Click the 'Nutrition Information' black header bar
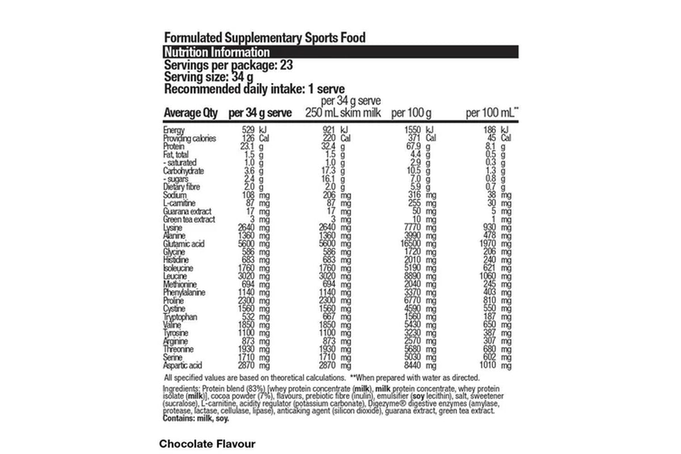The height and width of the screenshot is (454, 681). click(x=340, y=52)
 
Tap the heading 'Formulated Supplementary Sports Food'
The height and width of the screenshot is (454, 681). click(x=264, y=38)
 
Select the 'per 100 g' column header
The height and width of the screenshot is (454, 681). click(x=411, y=113)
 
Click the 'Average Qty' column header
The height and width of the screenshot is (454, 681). click(x=190, y=113)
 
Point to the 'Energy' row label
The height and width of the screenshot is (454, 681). click(x=174, y=130)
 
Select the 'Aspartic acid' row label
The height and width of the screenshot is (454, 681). click(x=183, y=365)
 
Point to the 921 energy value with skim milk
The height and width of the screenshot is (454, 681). click(x=330, y=130)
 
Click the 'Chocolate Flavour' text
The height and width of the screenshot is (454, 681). click(x=207, y=443)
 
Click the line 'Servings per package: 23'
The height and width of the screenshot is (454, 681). click(x=228, y=65)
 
